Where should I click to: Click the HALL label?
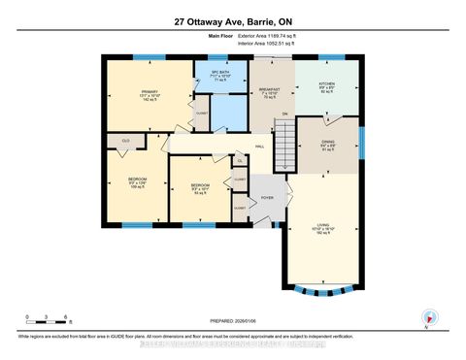point(260,147)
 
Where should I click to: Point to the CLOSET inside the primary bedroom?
point(202,113)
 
